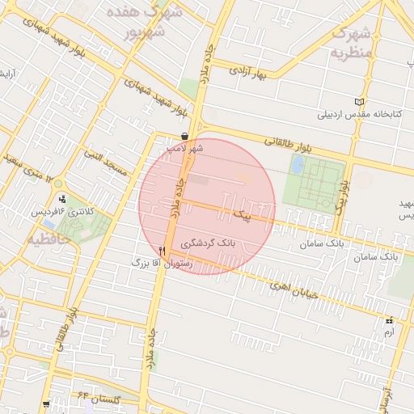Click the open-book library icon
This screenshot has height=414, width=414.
tap(360, 102)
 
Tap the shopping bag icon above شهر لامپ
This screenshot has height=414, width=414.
tap(185, 137)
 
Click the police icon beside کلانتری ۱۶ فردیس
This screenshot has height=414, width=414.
tap(63, 197)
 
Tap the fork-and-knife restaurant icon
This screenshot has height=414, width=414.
tap(163, 251)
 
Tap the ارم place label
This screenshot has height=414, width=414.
tap(389, 332)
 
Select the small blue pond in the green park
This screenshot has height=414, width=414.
tap(298, 165)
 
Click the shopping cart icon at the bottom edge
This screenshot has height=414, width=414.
tap(46, 403)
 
